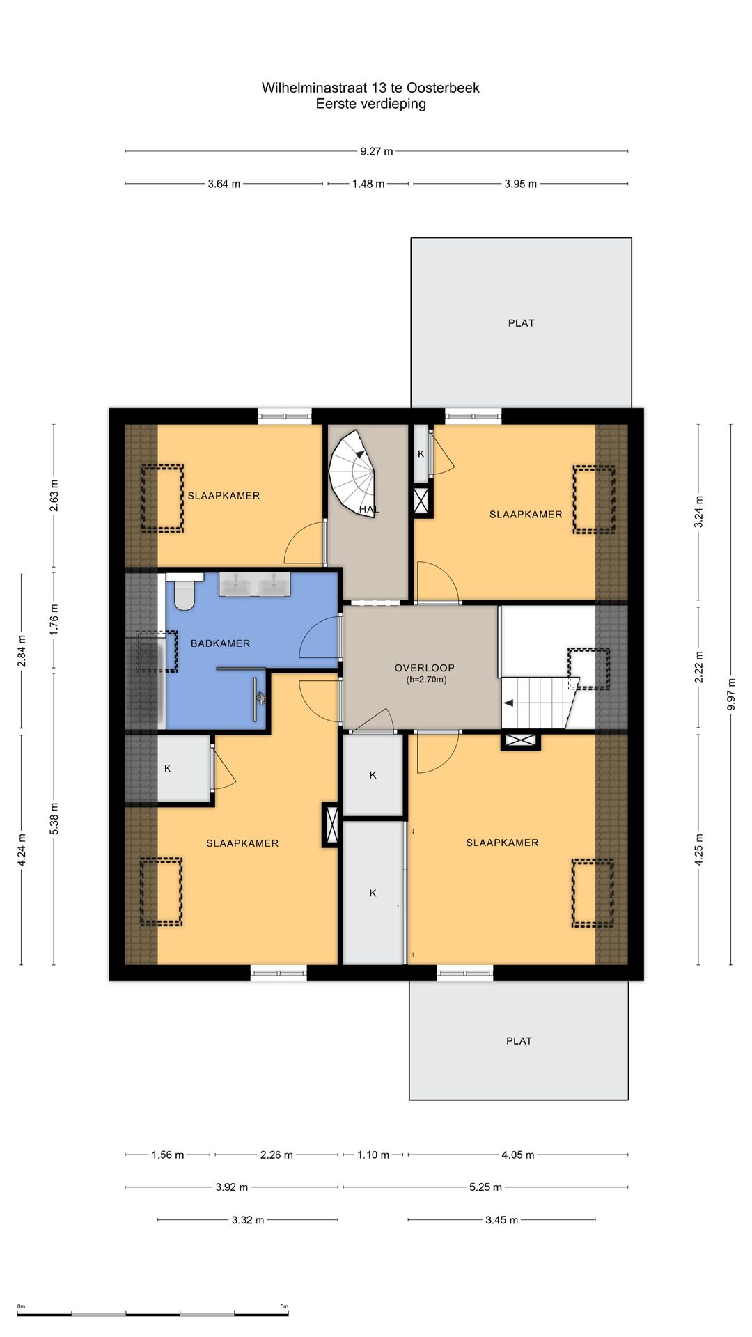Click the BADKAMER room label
pos(220,643)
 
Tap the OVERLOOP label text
pos(425,668)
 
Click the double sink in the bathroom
pos(255,584)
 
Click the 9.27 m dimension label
pos(377,151)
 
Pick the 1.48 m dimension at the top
pos(368,184)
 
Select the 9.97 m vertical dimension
pos(731,694)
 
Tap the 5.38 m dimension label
pos(54,819)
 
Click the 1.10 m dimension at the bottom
pos(373,1155)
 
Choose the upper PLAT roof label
pos(522,323)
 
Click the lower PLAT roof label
pos(519,1041)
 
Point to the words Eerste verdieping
pos(371,104)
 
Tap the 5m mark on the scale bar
pos(284,1306)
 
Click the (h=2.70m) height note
pos(427,680)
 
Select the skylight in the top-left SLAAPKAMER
pos(162,499)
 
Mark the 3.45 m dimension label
pos(502,1220)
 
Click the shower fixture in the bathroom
pos(260,696)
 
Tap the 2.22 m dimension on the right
pos(699,666)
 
